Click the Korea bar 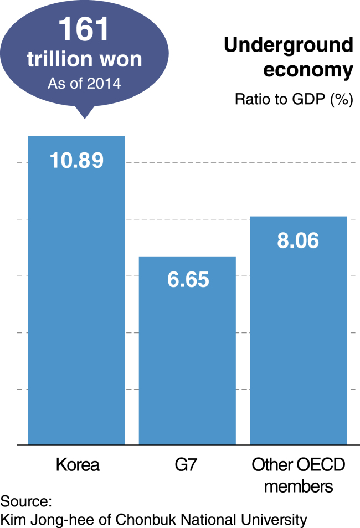pyautogui.click(x=76, y=290)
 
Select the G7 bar pyautogui.click(x=187, y=351)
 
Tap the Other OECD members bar pyautogui.click(x=299, y=331)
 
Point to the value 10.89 pyautogui.click(x=77, y=160)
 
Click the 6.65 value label pyautogui.click(x=188, y=279)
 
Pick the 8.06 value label pyautogui.click(x=298, y=240)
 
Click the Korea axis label pyautogui.click(x=78, y=465)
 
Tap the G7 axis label pyautogui.click(x=186, y=465)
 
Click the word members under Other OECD pyautogui.click(x=299, y=486)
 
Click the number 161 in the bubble pyautogui.click(x=84, y=29)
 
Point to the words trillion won pyautogui.click(x=85, y=59)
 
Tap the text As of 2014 pyautogui.click(x=84, y=84)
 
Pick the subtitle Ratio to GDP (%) pyautogui.click(x=294, y=99)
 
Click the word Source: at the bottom pyautogui.click(x=26, y=501)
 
